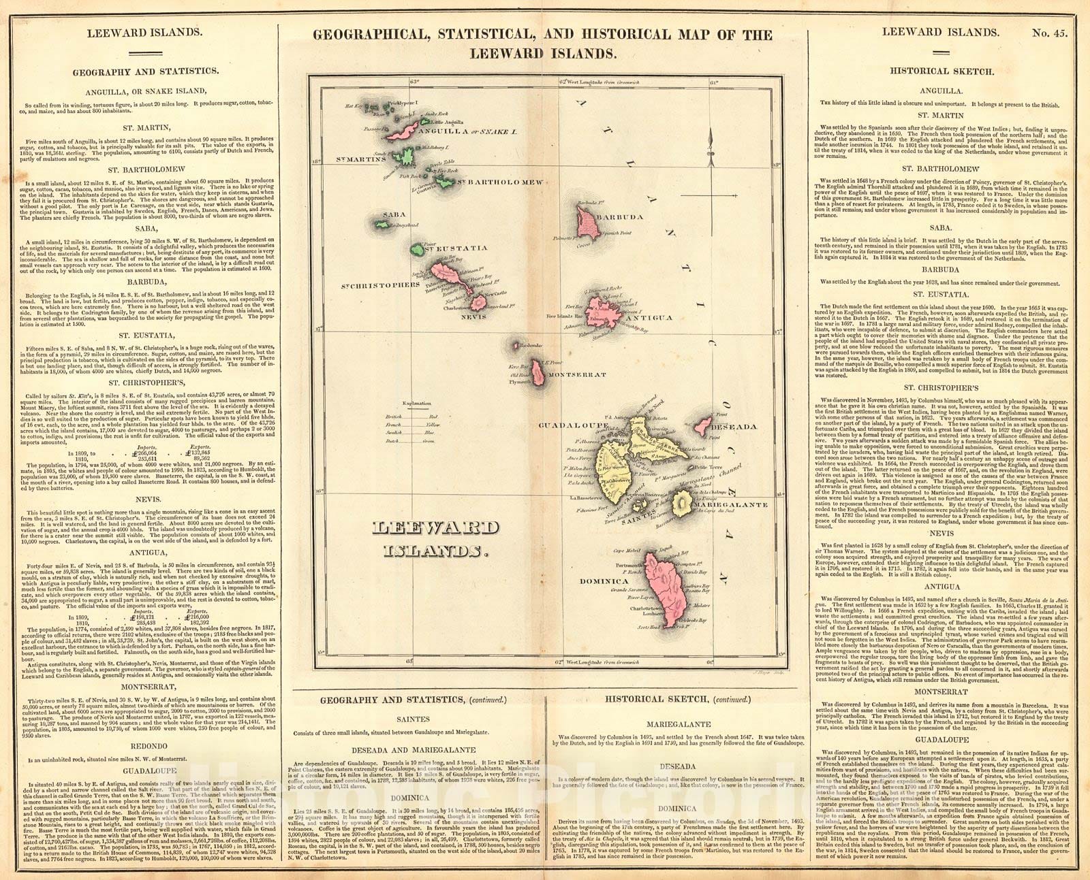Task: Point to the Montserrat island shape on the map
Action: [539, 373]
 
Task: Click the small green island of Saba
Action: [382, 223]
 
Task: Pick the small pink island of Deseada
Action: [702, 427]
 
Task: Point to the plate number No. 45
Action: [1053, 32]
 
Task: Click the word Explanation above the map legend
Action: [418, 404]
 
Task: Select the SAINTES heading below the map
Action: [414, 719]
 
